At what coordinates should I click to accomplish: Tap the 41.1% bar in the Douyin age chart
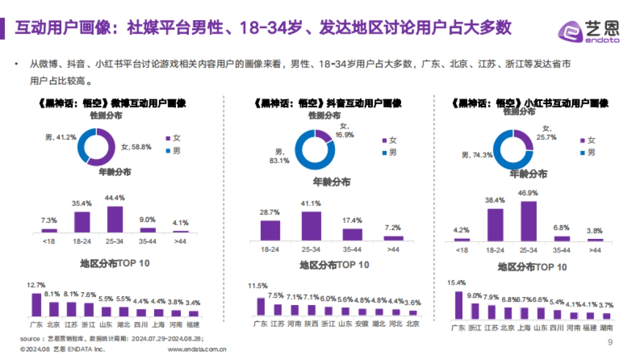(x=311, y=226)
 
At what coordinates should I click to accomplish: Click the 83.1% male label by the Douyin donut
(x=279, y=156)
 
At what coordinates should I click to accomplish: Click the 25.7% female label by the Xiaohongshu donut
(x=549, y=133)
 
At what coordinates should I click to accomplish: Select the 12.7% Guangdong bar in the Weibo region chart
(x=36, y=305)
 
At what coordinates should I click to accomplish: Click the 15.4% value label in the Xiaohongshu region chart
(x=457, y=283)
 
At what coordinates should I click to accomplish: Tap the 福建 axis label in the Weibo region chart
(x=193, y=324)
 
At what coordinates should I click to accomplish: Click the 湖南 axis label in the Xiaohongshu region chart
(x=606, y=328)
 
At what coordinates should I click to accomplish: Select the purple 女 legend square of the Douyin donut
(x=385, y=141)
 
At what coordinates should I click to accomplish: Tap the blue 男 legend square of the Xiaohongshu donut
(x=583, y=153)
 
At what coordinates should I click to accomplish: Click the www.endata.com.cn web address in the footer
(x=197, y=349)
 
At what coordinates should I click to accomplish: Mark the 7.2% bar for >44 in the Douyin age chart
(x=394, y=238)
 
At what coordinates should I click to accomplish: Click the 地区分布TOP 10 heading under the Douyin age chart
(x=334, y=265)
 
